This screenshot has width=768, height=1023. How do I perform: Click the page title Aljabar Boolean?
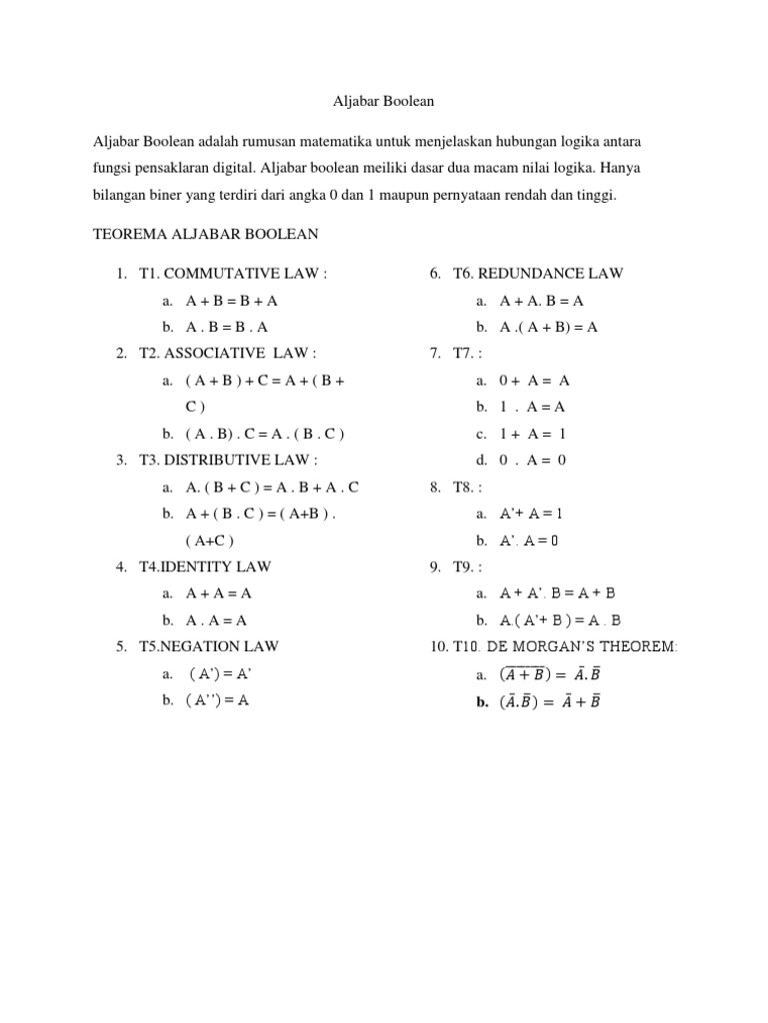tap(383, 101)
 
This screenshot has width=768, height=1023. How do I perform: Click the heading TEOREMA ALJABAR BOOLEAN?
tap(205, 234)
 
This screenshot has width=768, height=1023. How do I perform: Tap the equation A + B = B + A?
tap(232, 300)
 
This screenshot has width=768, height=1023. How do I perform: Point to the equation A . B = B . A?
tap(227, 327)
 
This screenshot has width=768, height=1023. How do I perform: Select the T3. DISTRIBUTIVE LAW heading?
tap(229, 460)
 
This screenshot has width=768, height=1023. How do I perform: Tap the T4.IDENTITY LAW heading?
tap(205, 566)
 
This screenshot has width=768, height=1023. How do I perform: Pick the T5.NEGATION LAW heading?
tap(209, 647)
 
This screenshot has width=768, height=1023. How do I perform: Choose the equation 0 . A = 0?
tap(533, 460)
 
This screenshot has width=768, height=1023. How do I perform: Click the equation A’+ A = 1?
tap(531, 513)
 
